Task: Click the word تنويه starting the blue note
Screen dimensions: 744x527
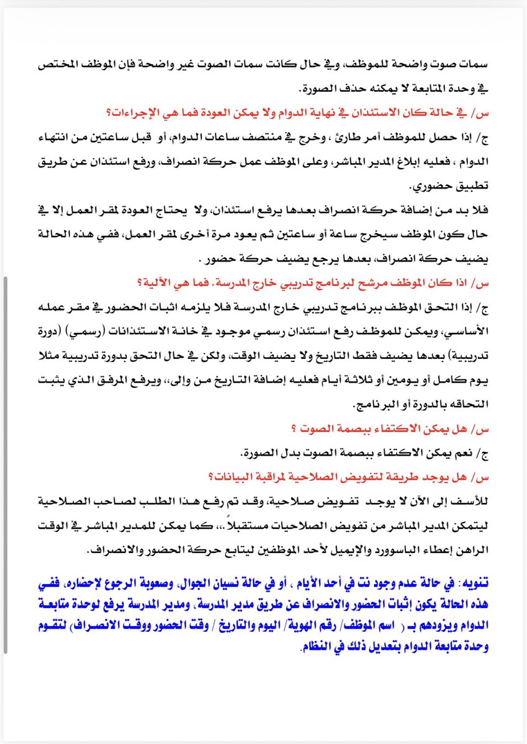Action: tap(473, 583)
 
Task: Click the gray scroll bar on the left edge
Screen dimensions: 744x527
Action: tap(6, 465)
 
